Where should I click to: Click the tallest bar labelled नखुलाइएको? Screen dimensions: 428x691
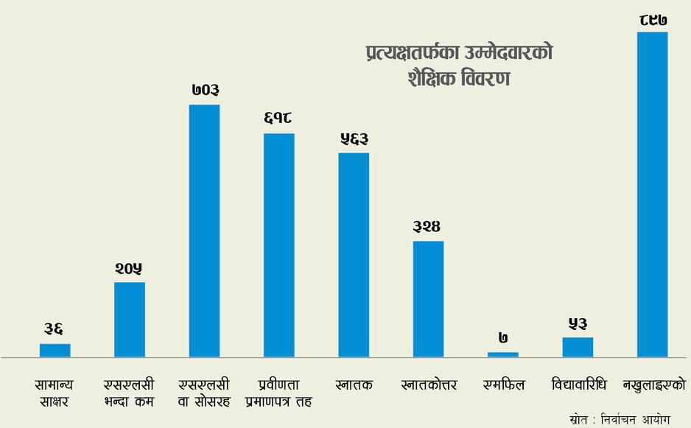(652, 194)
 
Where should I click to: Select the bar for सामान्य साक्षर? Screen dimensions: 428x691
(55, 351)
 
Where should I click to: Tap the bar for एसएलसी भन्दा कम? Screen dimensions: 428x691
(130, 320)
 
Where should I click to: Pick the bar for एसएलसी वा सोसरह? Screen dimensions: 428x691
(205, 231)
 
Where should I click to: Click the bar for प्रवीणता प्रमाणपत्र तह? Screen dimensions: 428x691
(279, 245)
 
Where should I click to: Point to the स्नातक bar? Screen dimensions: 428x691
(354, 255)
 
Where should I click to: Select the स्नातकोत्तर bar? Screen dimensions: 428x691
(428, 299)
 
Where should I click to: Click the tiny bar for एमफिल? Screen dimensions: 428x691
(503, 354)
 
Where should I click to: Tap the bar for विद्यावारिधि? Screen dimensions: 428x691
(578, 347)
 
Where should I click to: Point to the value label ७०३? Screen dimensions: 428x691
(205, 91)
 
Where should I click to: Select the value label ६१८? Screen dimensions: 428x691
(279, 119)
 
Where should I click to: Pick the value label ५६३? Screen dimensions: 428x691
(354, 138)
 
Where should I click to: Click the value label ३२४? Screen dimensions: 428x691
(428, 226)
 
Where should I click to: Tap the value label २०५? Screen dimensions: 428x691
(130, 268)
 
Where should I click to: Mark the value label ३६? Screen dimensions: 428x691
(55, 329)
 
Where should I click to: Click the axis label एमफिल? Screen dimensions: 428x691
(503, 385)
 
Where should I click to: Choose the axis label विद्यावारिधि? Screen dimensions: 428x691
(578, 385)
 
